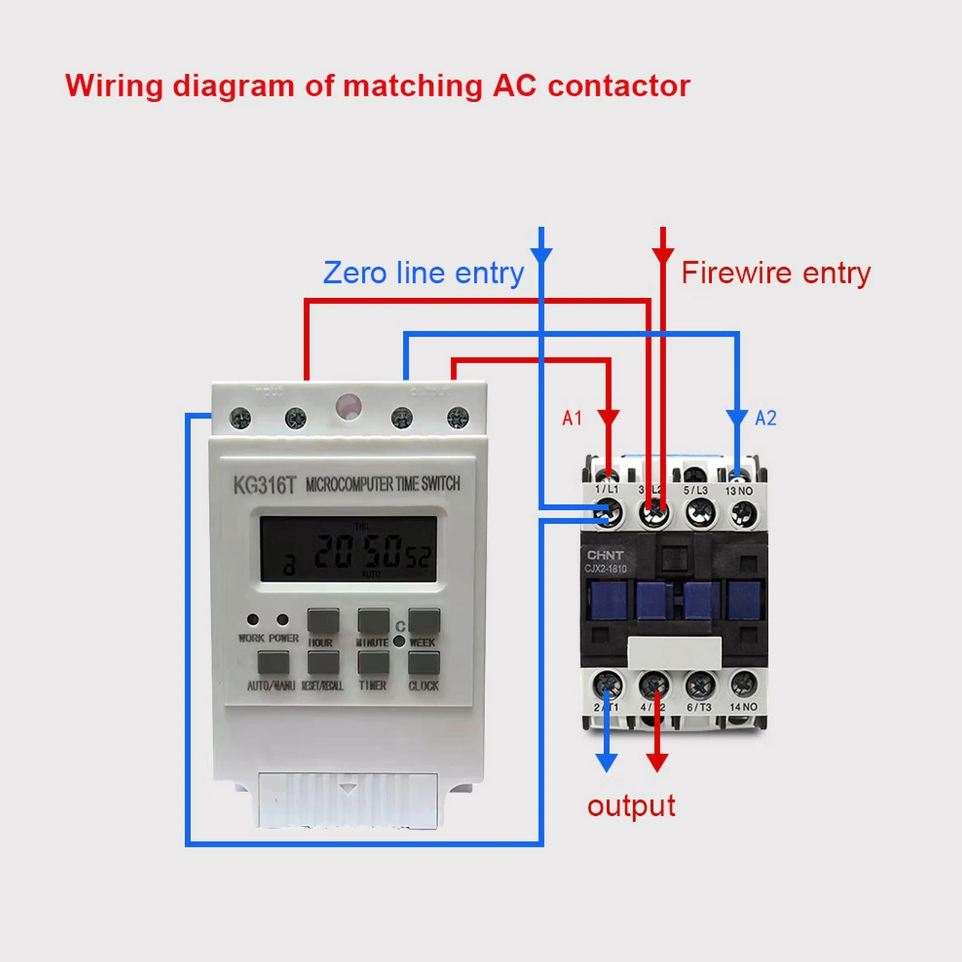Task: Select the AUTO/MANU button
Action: tap(273, 663)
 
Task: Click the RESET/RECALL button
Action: tap(323, 663)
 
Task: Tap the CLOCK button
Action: tap(424, 663)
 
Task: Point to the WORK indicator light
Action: tap(253, 619)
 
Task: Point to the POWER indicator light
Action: tap(282, 619)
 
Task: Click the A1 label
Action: tap(572, 418)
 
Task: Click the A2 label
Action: tap(765, 418)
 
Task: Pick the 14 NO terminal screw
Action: tap(744, 684)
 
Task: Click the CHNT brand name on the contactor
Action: tap(605, 555)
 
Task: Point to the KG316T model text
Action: tap(265, 485)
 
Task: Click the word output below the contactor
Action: tap(631, 806)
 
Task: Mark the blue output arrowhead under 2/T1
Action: tap(607, 762)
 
